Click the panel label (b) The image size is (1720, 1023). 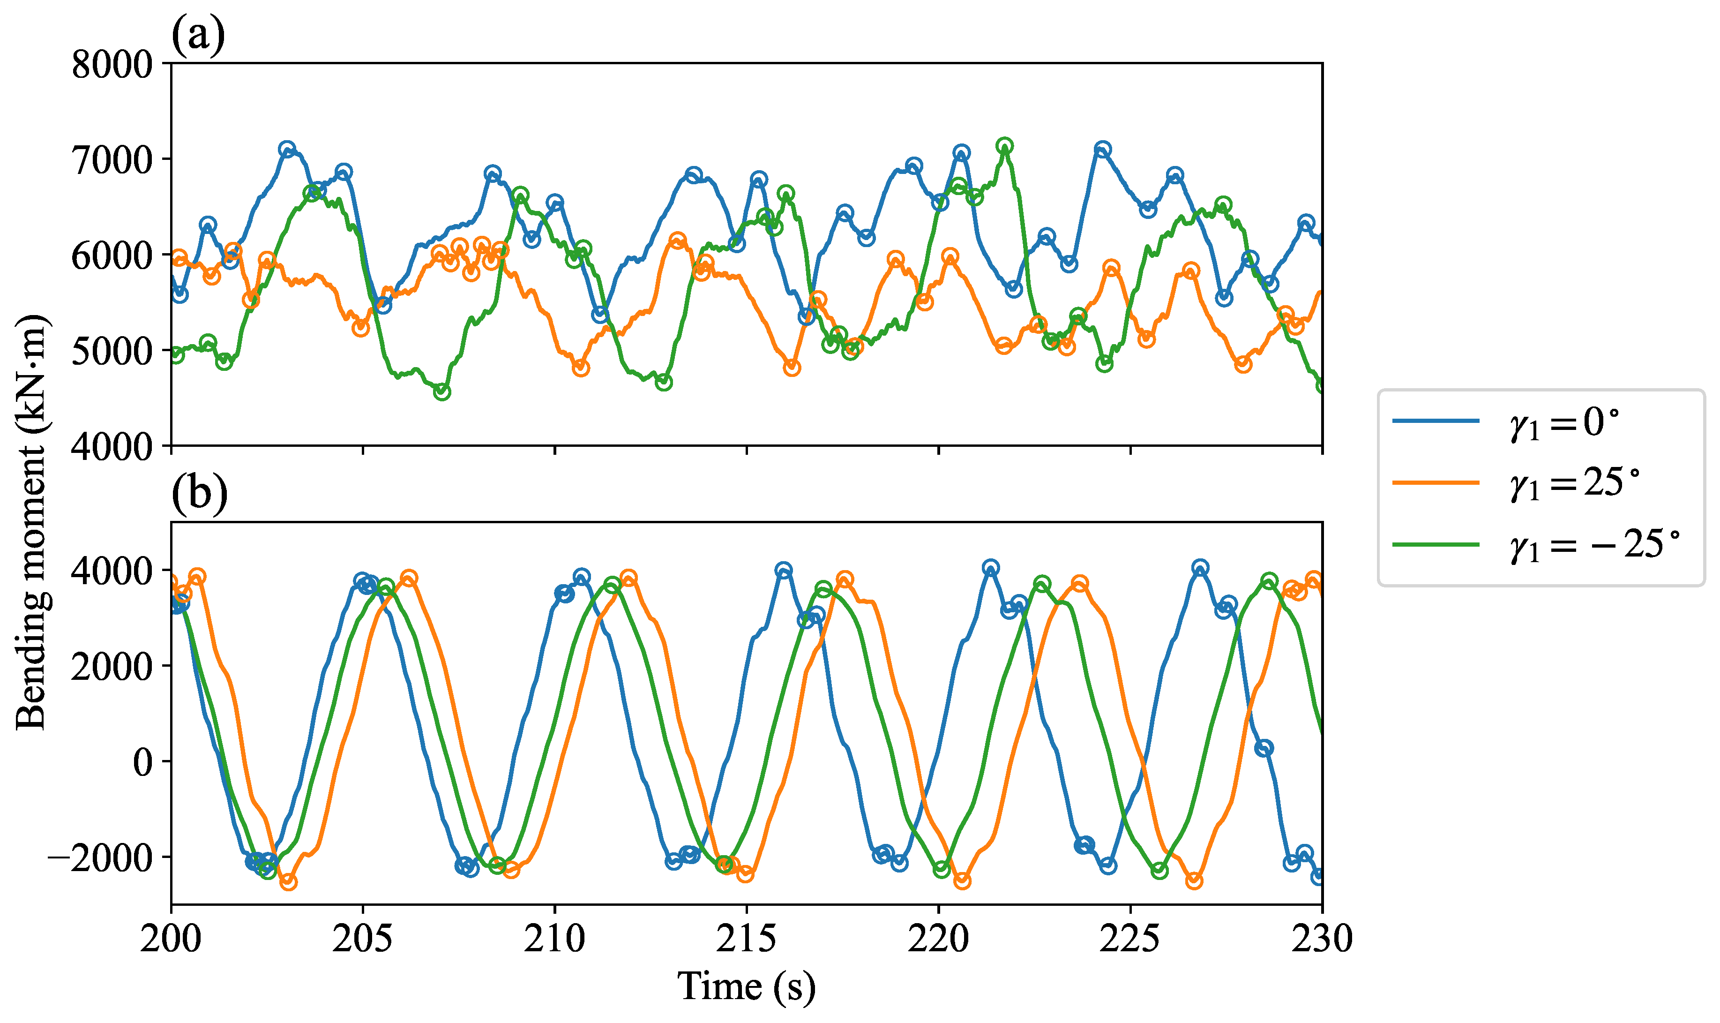coord(199,493)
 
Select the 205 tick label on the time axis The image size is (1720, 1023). coord(362,939)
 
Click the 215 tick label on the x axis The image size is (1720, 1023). coord(746,939)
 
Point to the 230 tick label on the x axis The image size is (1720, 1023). coord(1321,939)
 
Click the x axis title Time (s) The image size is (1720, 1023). coord(746,986)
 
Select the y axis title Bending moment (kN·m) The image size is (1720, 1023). coord(30,522)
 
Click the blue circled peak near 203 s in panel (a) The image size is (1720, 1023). coord(287,149)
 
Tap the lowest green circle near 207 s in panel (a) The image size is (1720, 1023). coord(442,391)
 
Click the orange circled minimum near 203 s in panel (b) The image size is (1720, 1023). coord(289,882)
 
